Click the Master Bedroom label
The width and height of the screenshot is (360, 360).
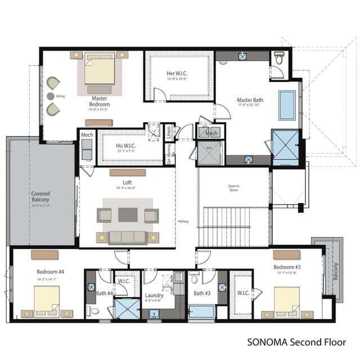[x=100, y=101]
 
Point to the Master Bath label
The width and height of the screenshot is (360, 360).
[x=250, y=100]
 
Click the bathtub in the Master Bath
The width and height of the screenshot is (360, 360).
[x=287, y=105]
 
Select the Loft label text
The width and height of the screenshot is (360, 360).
[x=127, y=182]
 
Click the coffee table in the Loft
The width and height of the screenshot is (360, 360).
[x=128, y=215]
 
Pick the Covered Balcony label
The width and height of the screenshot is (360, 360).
[x=40, y=196]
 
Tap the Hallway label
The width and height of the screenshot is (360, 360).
[x=183, y=221]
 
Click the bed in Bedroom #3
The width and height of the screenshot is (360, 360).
[x=286, y=300]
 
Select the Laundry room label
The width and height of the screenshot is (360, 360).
[x=154, y=295]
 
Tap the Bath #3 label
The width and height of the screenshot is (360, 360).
[x=201, y=293]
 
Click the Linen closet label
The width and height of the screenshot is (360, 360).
[x=168, y=132]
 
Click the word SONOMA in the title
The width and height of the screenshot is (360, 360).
[x=267, y=341]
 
